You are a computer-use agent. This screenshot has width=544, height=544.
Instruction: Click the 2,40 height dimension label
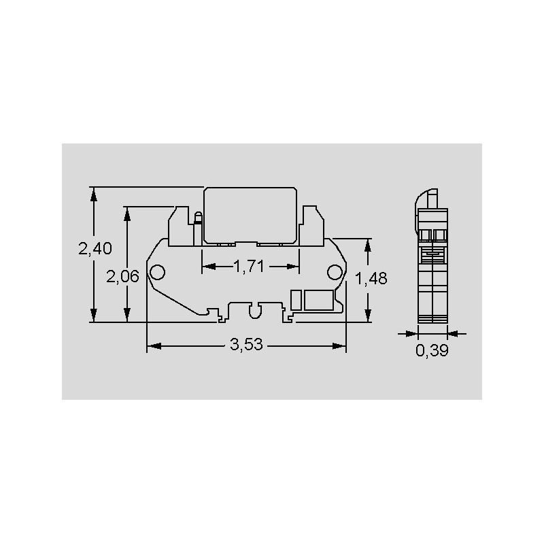[x=95, y=249]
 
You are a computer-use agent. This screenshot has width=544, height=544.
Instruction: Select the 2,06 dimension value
[x=122, y=277]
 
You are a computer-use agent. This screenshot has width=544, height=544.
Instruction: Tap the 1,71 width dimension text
[x=249, y=267]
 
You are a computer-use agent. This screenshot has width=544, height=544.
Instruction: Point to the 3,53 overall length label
[x=246, y=345]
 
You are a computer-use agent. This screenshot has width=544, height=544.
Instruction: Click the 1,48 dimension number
[x=371, y=278]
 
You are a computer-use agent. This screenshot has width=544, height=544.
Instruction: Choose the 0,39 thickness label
[x=432, y=350]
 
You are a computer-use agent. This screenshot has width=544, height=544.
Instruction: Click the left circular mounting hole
[x=157, y=273]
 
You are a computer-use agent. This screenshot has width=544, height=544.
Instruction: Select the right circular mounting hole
[x=335, y=273]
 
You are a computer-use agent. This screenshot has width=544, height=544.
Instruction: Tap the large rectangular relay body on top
[x=250, y=216]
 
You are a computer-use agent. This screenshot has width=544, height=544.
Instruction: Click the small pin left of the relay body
[x=198, y=228]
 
